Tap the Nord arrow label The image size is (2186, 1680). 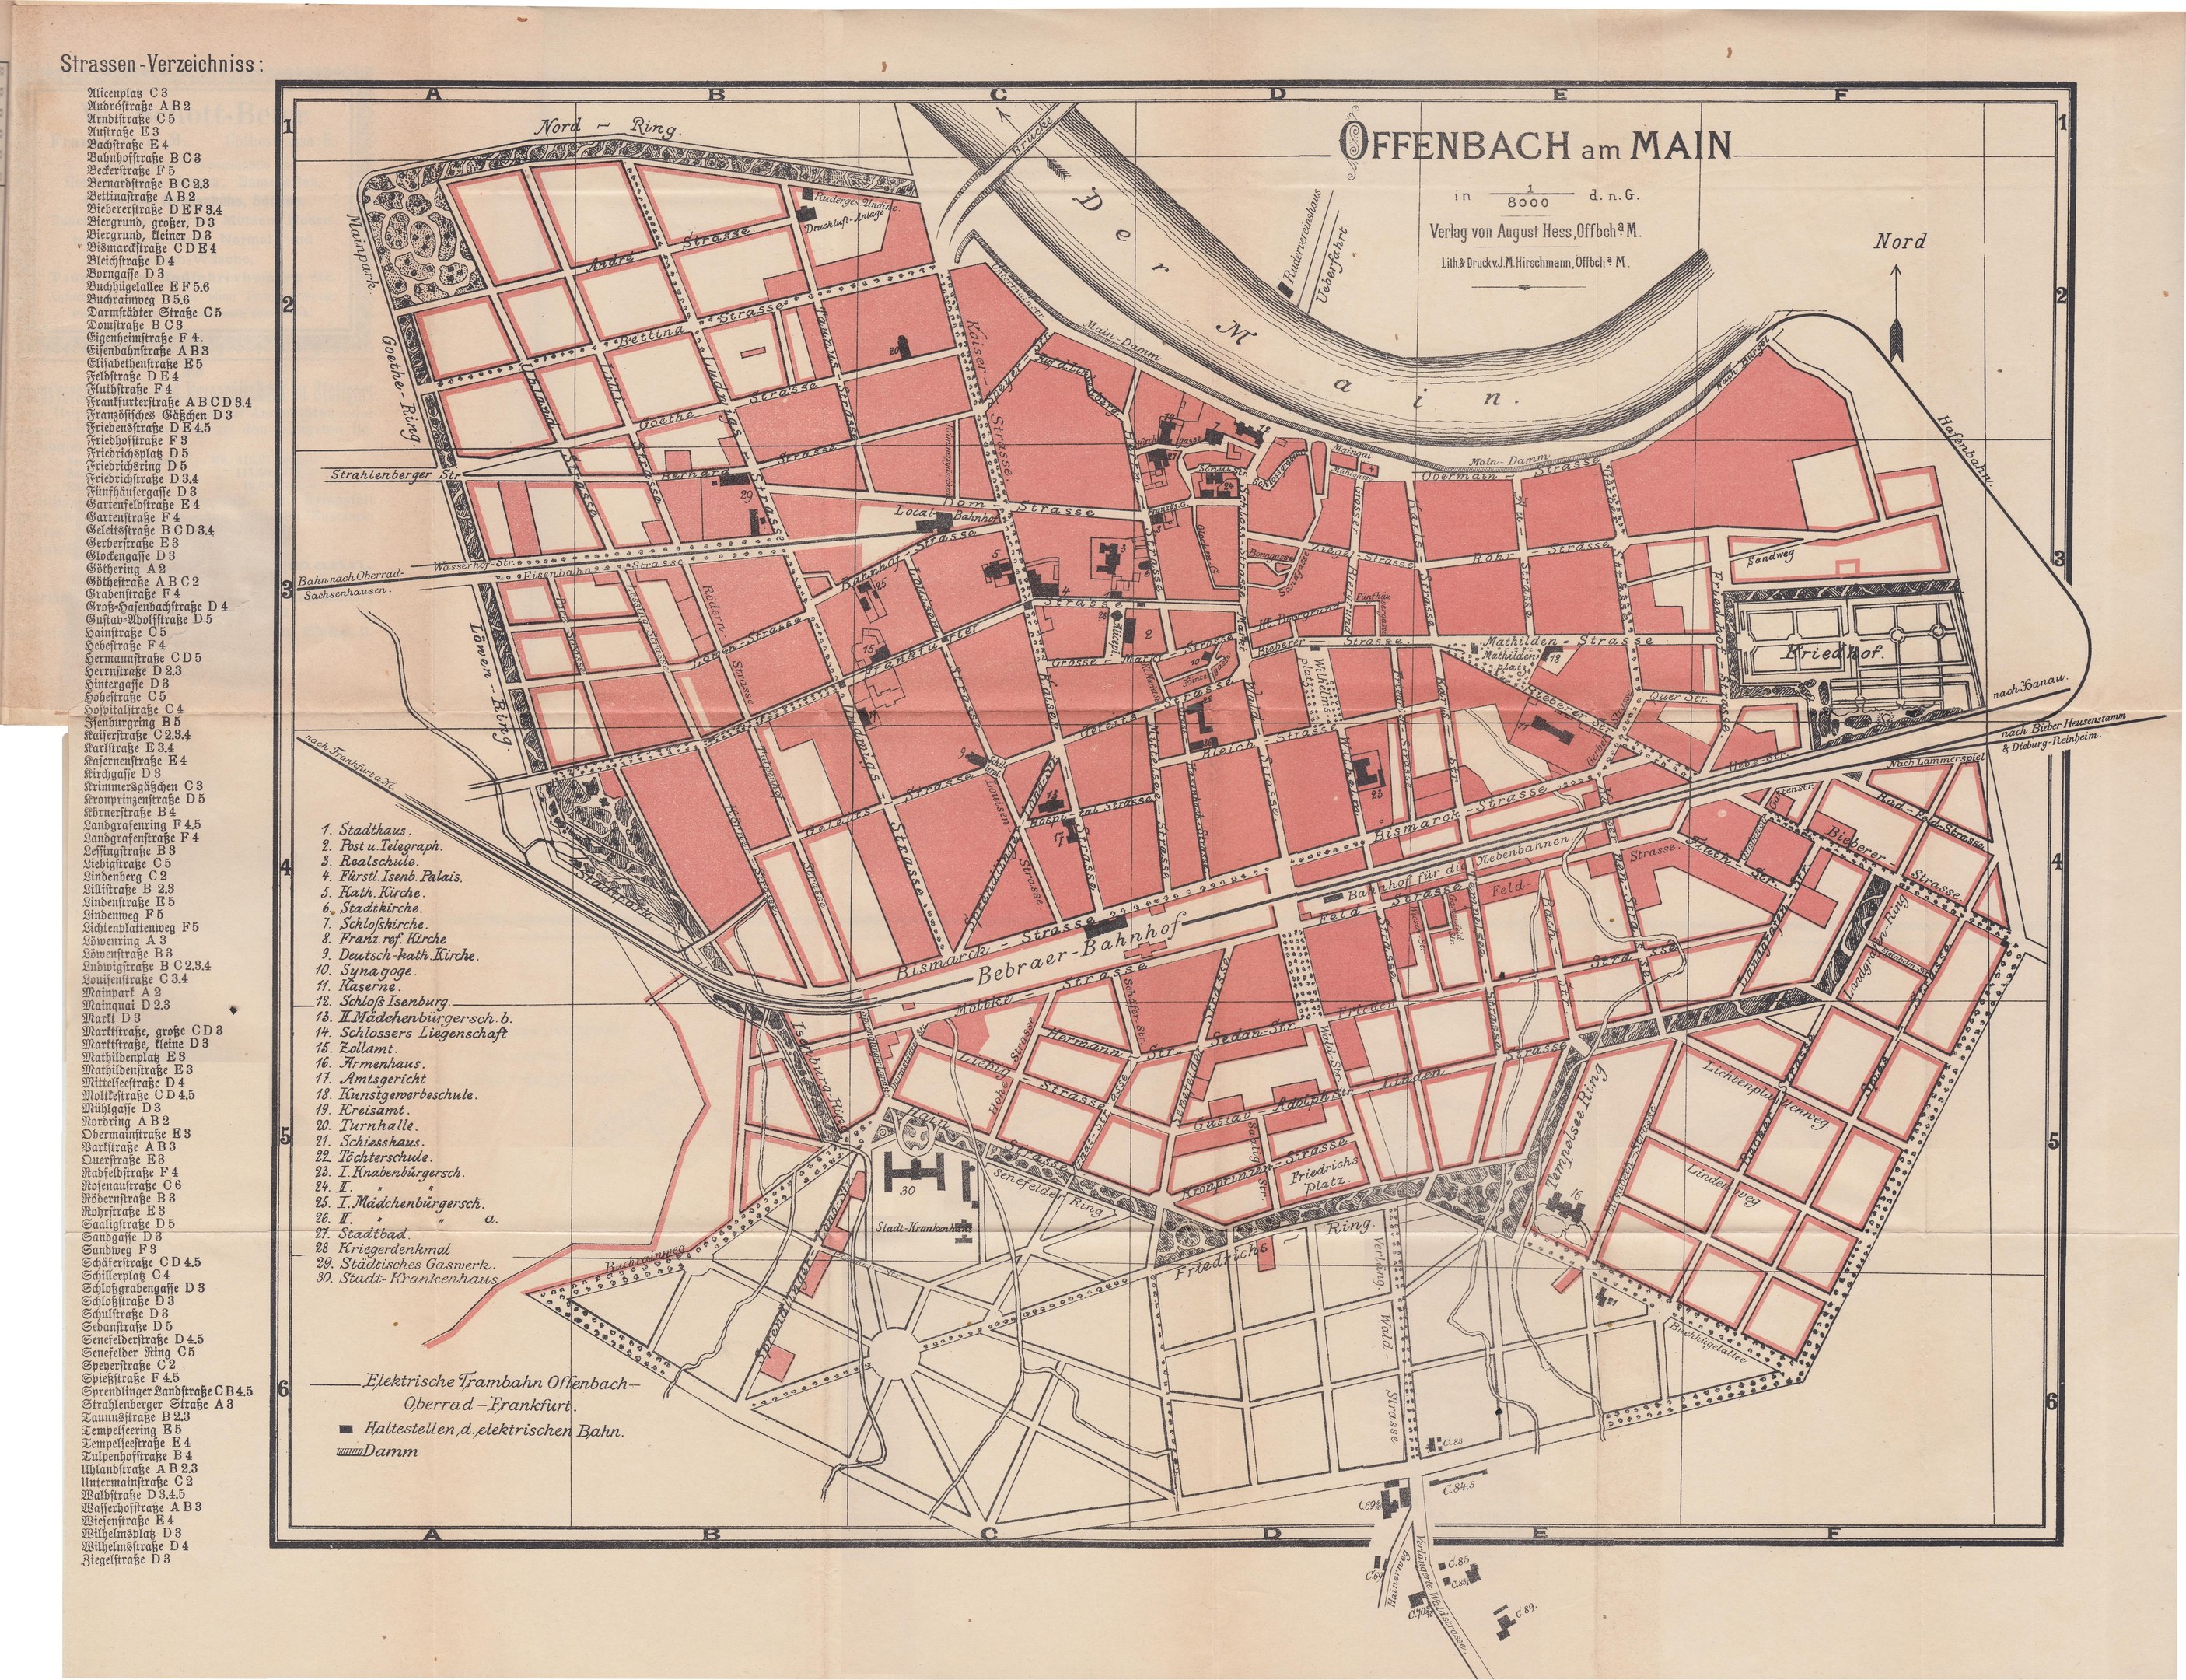pyautogui.click(x=1899, y=241)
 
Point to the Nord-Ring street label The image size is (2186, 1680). pyautogui.click(x=609, y=129)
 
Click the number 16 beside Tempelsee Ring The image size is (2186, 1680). pyautogui.click(x=1577, y=1195)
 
